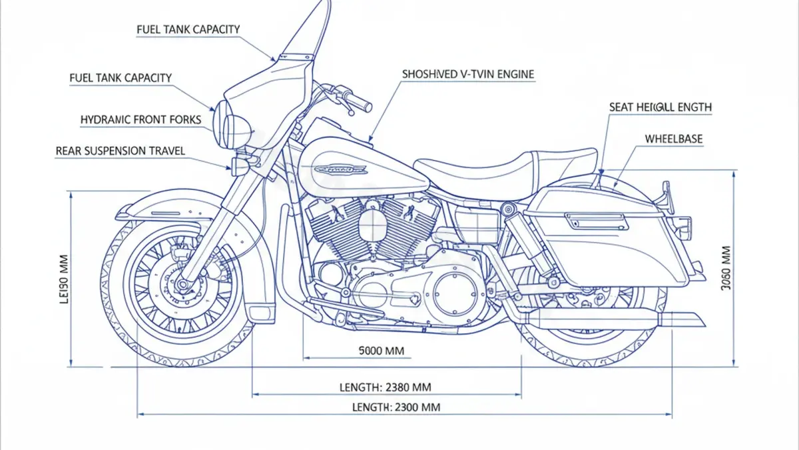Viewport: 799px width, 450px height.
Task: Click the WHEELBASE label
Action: click(x=673, y=139)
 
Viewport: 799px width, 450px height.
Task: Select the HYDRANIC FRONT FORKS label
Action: click(x=140, y=119)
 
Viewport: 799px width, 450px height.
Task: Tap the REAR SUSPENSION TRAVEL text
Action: click(x=120, y=151)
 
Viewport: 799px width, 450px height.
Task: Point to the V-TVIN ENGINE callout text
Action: click(x=467, y=74)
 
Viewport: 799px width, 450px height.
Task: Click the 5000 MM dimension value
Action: click(x=381, y=351)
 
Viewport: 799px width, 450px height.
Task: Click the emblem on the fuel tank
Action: click(x=340, y=169)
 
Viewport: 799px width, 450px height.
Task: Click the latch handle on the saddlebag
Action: click(x=597, y=217)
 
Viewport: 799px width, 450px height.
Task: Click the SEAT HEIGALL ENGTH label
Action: click(x=660, y=107)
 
